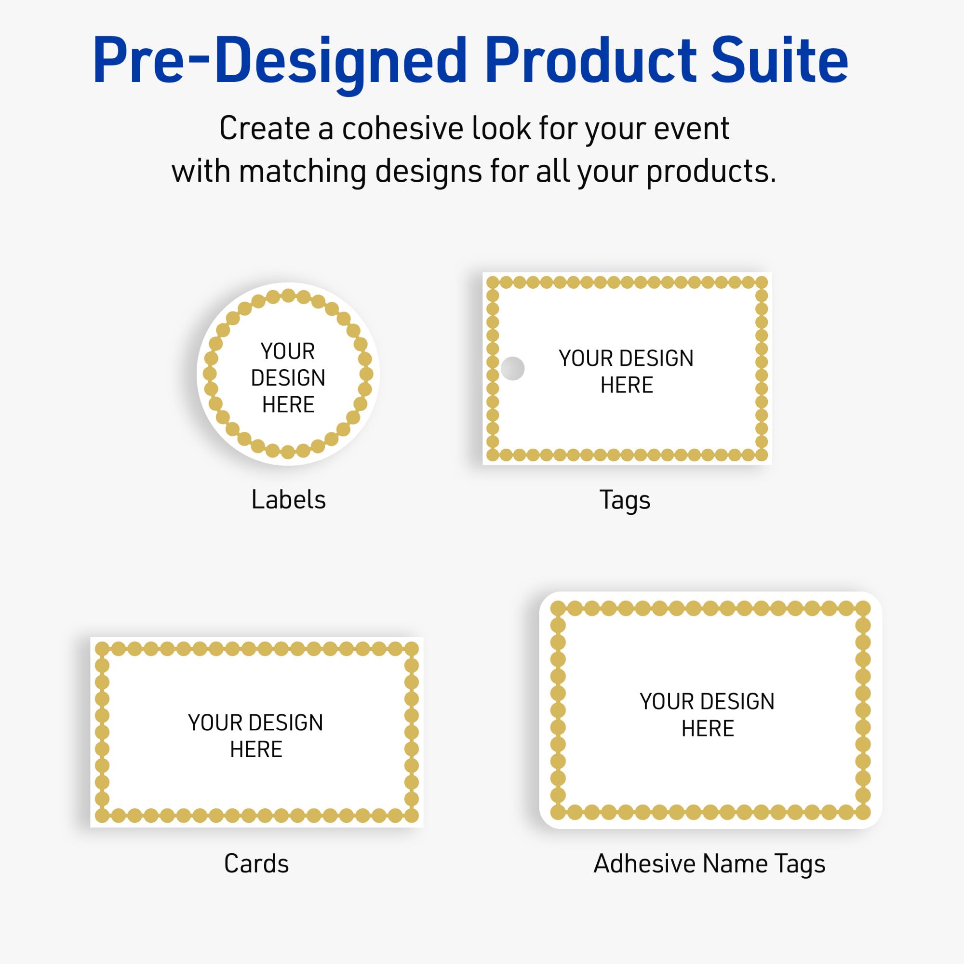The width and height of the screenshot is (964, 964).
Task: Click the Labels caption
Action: pos(288,499)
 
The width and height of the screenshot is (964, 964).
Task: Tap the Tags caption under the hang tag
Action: pos(625,500)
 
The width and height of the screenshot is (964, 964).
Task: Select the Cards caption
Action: pos(256,864)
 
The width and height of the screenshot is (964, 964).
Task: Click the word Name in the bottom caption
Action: pos(735,864)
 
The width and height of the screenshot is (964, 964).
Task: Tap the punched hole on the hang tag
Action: pos(512,368)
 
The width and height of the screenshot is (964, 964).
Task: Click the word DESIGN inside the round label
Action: pos(288,378)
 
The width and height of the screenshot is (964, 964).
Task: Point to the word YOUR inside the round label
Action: pos(288,351)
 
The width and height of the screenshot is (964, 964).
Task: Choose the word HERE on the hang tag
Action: pos(627,385)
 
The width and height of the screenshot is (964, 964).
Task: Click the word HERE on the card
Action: pos(256,750)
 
